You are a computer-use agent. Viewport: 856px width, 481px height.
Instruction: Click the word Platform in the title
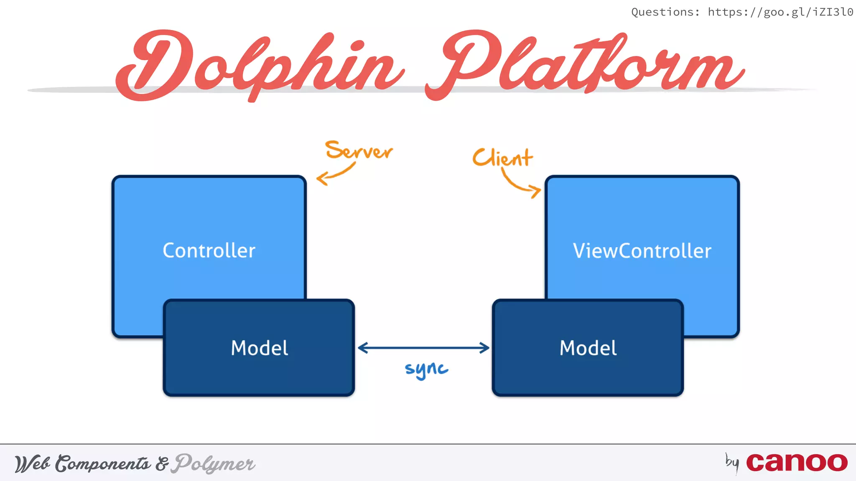click(x=585, y=65)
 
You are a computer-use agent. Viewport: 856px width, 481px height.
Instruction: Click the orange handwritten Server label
click(x=359, y=151)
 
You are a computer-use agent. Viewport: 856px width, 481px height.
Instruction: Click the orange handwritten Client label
click(x=502, y=158)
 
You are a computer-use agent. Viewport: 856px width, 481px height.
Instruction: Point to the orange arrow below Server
click(x=334, y=174)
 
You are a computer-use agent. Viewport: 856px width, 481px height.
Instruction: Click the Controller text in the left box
click(x=209, y=251)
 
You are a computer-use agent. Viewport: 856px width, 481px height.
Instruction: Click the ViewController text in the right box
click(x=642, y=251)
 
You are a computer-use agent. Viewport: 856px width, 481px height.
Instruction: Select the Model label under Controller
click(x=259, y=348)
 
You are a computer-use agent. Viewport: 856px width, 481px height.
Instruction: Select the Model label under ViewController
click(x=588, y=348)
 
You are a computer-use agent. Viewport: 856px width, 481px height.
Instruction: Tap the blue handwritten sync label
click(x=426, y=369)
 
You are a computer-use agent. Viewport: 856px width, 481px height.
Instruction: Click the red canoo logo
click(x=797, y=462)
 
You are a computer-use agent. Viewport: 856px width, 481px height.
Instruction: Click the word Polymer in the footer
click(x=214, y=463)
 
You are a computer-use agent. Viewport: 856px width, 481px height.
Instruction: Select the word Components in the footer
click(x=103, y=463)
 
